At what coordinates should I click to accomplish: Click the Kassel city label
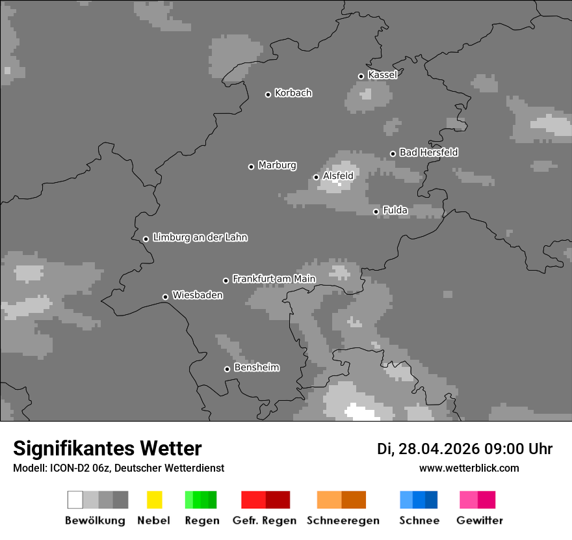pyautogui.click(x=382, y=75)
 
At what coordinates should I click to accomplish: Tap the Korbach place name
pyautogui.click(x=293, y=93)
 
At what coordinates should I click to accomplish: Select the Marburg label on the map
pyautogui.click(x=277, y=165)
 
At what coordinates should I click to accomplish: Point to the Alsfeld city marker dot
pyautogui.click(x=317, y=177)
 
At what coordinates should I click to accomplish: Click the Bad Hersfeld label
pyautogui.click(x=428, y=152)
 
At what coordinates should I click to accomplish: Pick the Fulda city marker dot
pyautogui.click(x=376, y=211)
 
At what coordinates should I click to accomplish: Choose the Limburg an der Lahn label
pyautogui.click(x=200, y=237)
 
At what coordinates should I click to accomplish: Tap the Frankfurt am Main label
pyautogui.click(x=274, y=279)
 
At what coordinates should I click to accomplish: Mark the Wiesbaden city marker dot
pyautogui.click(x=166, y=297)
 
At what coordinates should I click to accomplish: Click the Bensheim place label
pyautogui.click(x=256, y=368)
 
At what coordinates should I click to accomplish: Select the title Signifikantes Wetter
pyautogui.click(x=107, y=448)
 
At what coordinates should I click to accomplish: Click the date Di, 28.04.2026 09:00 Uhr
pyautogui.click(x=464, y=449)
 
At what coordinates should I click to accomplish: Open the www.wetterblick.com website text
pyautogui.click(x=469, y=468)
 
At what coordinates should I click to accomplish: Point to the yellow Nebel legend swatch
pyautogui.click(x=154, y=500)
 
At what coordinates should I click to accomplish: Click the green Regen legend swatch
pyautogui.click(x=201, y=500)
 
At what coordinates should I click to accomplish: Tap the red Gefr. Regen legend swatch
pyautogui.click(x=265, y=500)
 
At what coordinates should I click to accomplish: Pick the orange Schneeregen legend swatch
pyautogui.click(x=341, y=500)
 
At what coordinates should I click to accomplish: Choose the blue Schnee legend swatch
pyautogui.click(x=419, y=500)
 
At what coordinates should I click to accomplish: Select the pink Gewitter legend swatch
pyautogui.click(x=477, y=500)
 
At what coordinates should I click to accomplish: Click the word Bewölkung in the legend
pyautogui.click(x=95, y=520)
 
